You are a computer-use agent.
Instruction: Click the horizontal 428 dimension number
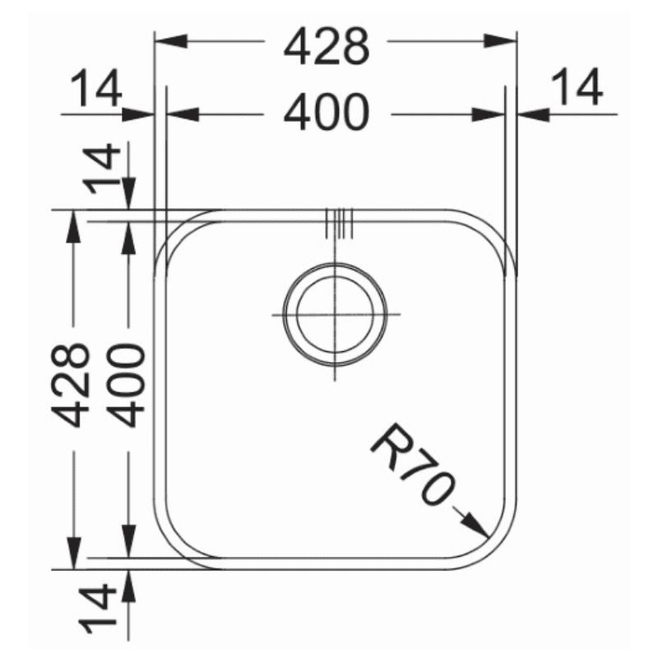click(x=327, y=46)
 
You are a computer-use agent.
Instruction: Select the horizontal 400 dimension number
click(x=327, y=113)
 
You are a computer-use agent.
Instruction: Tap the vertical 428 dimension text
click(x=70, y=385)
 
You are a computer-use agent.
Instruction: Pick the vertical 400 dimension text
click(x=128, y=385)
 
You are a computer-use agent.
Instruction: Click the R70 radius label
click(x=412, y=464)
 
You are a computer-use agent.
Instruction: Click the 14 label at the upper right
click(x=577, y=88)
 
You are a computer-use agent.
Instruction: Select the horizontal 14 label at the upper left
click(x=95, y=88)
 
